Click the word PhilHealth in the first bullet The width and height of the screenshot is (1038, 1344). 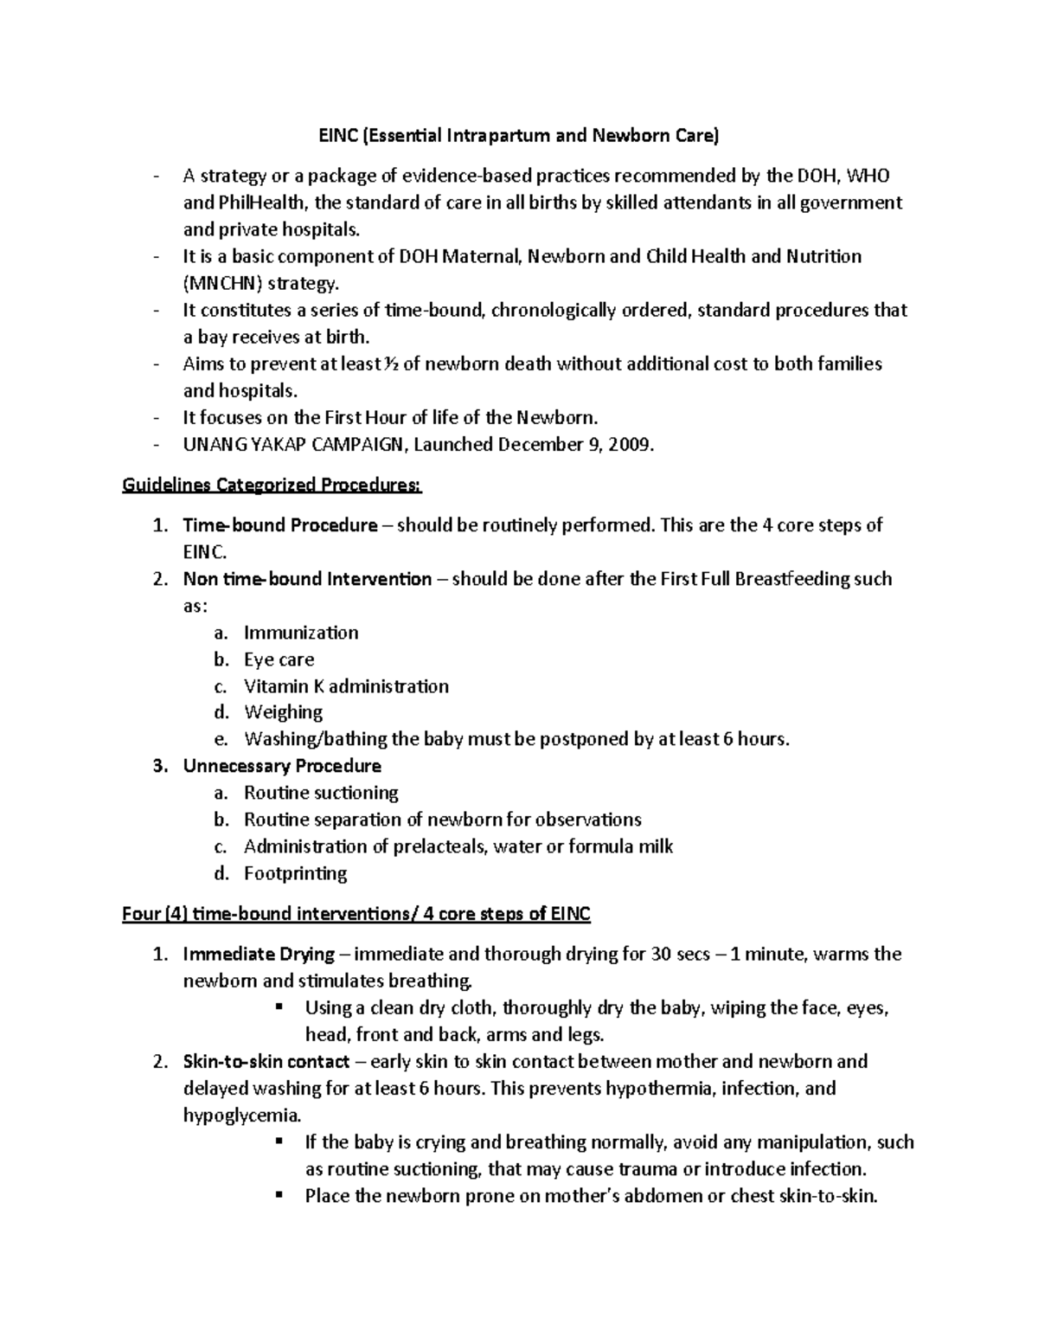tap(259, 203)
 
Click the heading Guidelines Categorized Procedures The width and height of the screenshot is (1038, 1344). tap(272, 485)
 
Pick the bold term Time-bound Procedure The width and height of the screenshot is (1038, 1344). tap(279, 525)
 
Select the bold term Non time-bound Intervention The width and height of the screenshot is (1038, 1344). tap(307, 579)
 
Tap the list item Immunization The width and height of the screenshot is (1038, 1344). tap(301, 633)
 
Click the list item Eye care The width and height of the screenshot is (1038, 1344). tap(279, 659)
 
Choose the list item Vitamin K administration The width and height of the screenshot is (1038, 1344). tap(346, 686)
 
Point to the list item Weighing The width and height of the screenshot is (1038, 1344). tap(283, 712)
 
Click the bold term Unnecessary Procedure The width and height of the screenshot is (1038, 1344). tap(281, 766)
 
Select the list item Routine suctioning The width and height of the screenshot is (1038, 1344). tap(321, 793)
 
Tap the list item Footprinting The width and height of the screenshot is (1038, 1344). tap(295, 873)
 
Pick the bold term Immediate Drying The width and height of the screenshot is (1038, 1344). tap(259, 954)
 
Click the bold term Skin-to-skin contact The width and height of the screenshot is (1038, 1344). tap(266, 1061)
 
